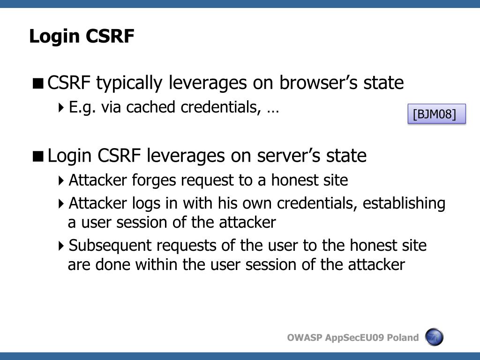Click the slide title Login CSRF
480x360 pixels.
click(82, 36)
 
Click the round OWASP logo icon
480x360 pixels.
click(434, 337)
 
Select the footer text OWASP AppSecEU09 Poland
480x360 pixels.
click(352, 337)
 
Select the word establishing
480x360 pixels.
click(404, 203)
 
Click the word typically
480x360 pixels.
click(130, 83)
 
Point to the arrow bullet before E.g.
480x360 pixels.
click(62, 108)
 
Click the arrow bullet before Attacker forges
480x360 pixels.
click(62, 180)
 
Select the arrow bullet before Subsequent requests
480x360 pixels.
click(62, 246)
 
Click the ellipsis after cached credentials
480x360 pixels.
click(273, 109)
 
